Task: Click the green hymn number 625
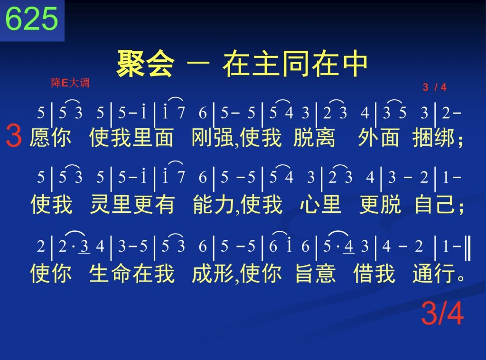[x=32, y=19]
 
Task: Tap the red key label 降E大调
[x=70, y=83]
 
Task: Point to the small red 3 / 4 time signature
[x=435, y=87]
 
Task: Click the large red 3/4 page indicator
[x=442, y=314]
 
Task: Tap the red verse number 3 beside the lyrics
[x=14, y=135]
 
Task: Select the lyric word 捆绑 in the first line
[x=434, y=137]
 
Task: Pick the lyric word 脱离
[x=314, y=137]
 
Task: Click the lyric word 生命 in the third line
[x=110, y=273]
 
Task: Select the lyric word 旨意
[x=315, y=273]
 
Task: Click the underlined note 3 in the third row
[x=84, y=247]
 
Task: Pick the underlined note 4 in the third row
[x=349, y=247]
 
